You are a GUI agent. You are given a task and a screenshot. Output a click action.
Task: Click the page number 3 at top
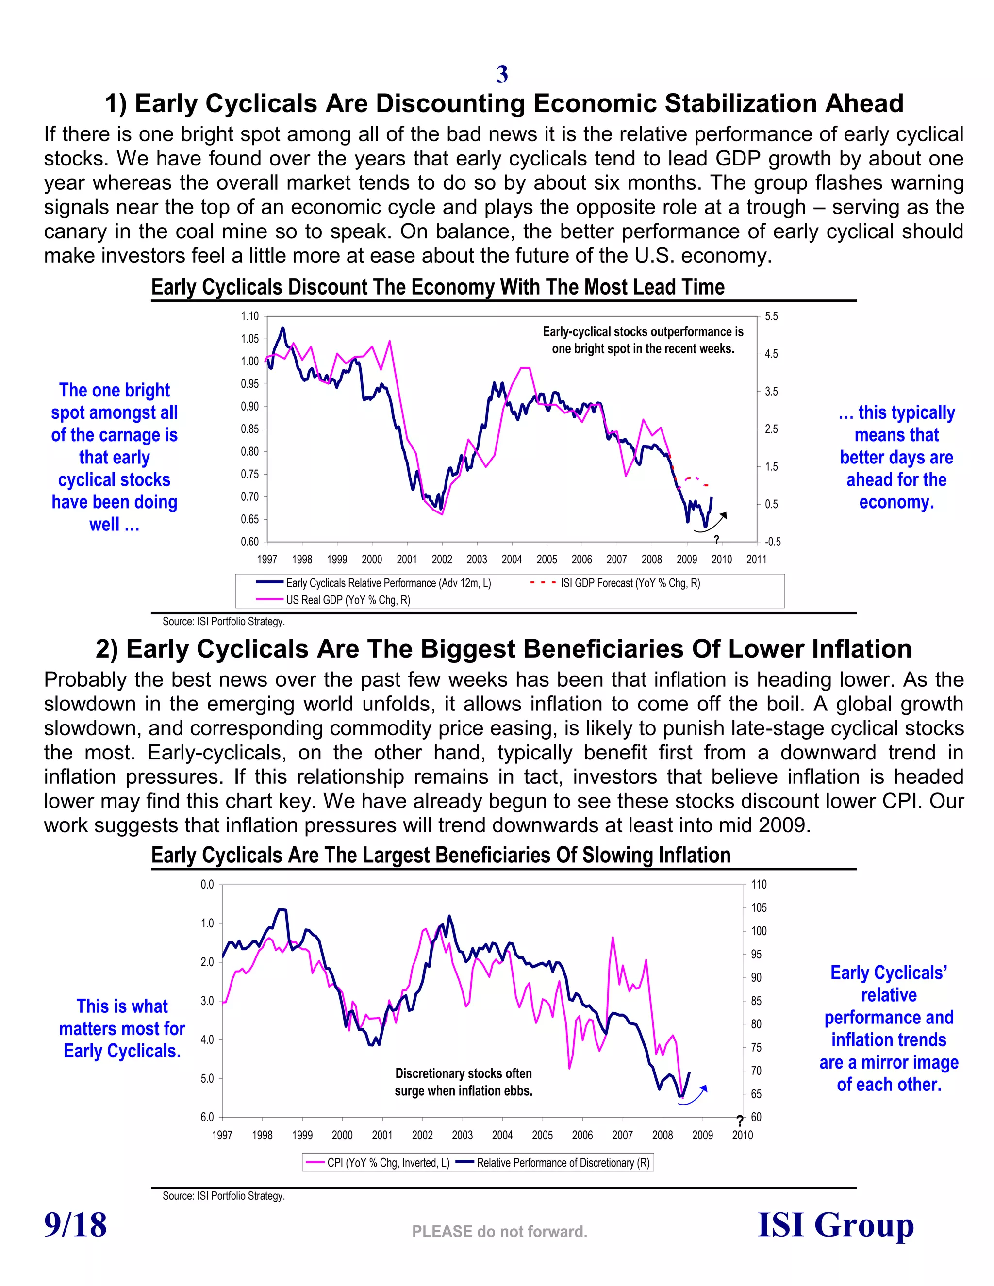coord(502,74)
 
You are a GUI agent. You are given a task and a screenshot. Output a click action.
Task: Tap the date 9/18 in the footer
coord(75,1225)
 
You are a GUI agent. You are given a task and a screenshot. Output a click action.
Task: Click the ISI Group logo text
coord(835,1225)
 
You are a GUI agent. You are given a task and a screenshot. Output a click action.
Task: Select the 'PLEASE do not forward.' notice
coord(499,1231)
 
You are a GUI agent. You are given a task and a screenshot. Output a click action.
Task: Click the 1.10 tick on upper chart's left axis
coord(249,316)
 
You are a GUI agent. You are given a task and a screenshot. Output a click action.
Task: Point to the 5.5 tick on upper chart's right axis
coord(771,316)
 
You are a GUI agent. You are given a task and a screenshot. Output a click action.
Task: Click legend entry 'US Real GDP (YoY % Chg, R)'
coord(348,600)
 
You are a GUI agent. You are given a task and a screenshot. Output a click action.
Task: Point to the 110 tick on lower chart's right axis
coord(759,884)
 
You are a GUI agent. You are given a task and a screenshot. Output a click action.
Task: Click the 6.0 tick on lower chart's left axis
coord(207,1117)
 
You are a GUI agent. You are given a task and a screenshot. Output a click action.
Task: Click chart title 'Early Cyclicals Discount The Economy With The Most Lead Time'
coord(437,287)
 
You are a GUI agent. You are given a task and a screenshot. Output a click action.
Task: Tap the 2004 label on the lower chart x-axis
coord(502,1135)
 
